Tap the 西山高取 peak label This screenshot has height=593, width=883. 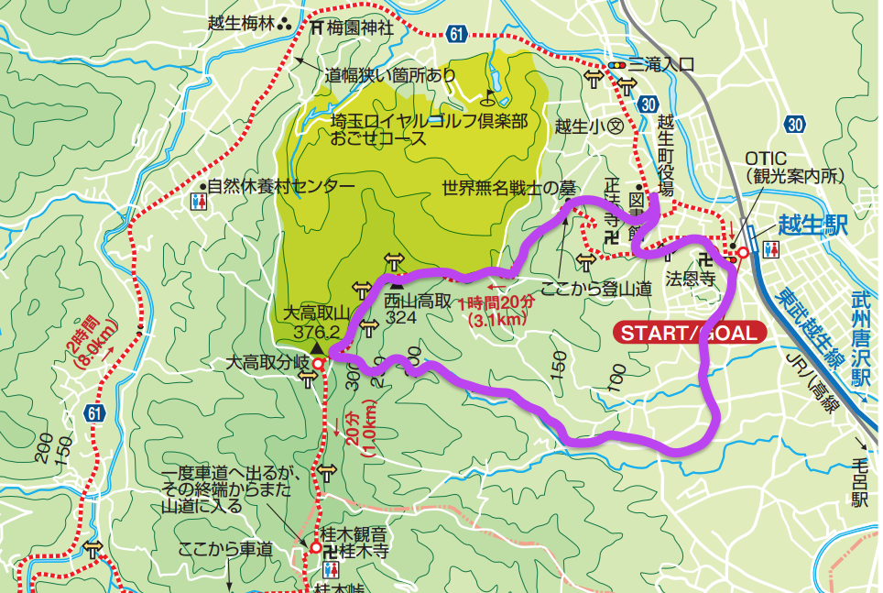pos(418,300)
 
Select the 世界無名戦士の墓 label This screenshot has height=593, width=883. pos(507,189)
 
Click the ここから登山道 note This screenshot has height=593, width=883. pos(596,288)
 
